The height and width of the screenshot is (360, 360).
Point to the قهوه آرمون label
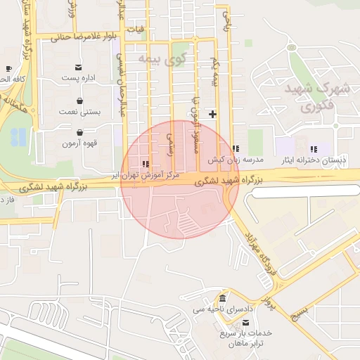coord(78,143)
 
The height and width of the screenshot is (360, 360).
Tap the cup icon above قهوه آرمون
coord(79,131)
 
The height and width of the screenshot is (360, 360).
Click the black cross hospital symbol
coord(212,113)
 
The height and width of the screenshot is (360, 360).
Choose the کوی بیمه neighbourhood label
coord(164,60)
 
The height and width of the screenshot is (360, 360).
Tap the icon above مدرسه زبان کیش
coord(236,148)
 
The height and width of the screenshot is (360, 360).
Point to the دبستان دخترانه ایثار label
coord(314,160)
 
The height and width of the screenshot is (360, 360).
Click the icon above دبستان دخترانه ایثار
coord(314,149)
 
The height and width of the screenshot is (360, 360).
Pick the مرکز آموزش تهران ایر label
coord(148,174)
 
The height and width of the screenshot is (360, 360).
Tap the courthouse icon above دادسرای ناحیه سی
coord(223,298)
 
